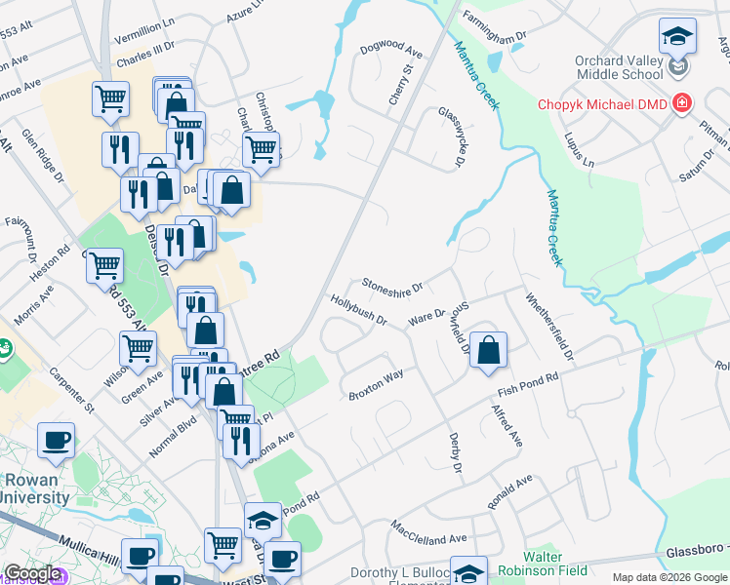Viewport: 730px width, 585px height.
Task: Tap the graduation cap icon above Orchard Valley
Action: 675,37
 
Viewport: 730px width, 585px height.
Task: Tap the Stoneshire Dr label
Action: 391,286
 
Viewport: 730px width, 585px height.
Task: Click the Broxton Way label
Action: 376,385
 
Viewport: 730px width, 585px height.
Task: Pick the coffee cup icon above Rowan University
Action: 57,439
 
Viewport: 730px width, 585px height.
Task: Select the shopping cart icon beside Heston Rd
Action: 104,264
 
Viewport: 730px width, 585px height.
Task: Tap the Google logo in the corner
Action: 31,574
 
